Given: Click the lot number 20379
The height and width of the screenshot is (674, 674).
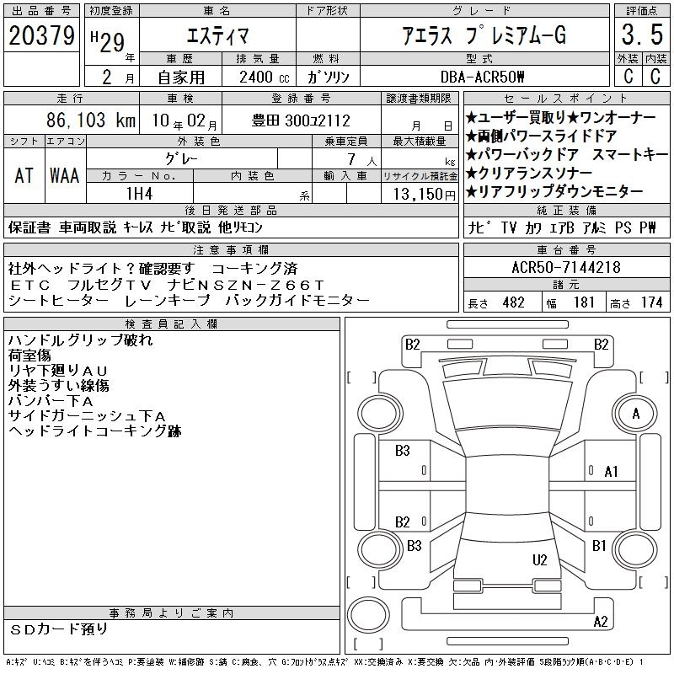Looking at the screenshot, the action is [x=41, y=35].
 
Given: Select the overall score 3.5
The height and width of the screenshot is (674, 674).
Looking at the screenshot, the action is [x=642, y=35].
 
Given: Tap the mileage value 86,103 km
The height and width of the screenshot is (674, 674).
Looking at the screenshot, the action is [x=91, y=120].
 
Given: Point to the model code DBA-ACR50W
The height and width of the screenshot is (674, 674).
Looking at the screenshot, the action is [x=482, y=78].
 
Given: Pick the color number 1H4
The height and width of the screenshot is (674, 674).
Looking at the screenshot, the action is [x=139, y=194].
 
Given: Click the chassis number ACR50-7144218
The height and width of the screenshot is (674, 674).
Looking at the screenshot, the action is [x=566, y=267].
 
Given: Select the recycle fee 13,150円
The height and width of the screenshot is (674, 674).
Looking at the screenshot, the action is [x=425, y=195].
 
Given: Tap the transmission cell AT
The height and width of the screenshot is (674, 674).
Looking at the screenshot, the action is [x=24, y=176].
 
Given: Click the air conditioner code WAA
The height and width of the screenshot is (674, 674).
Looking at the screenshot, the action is [x=65, y=176].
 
